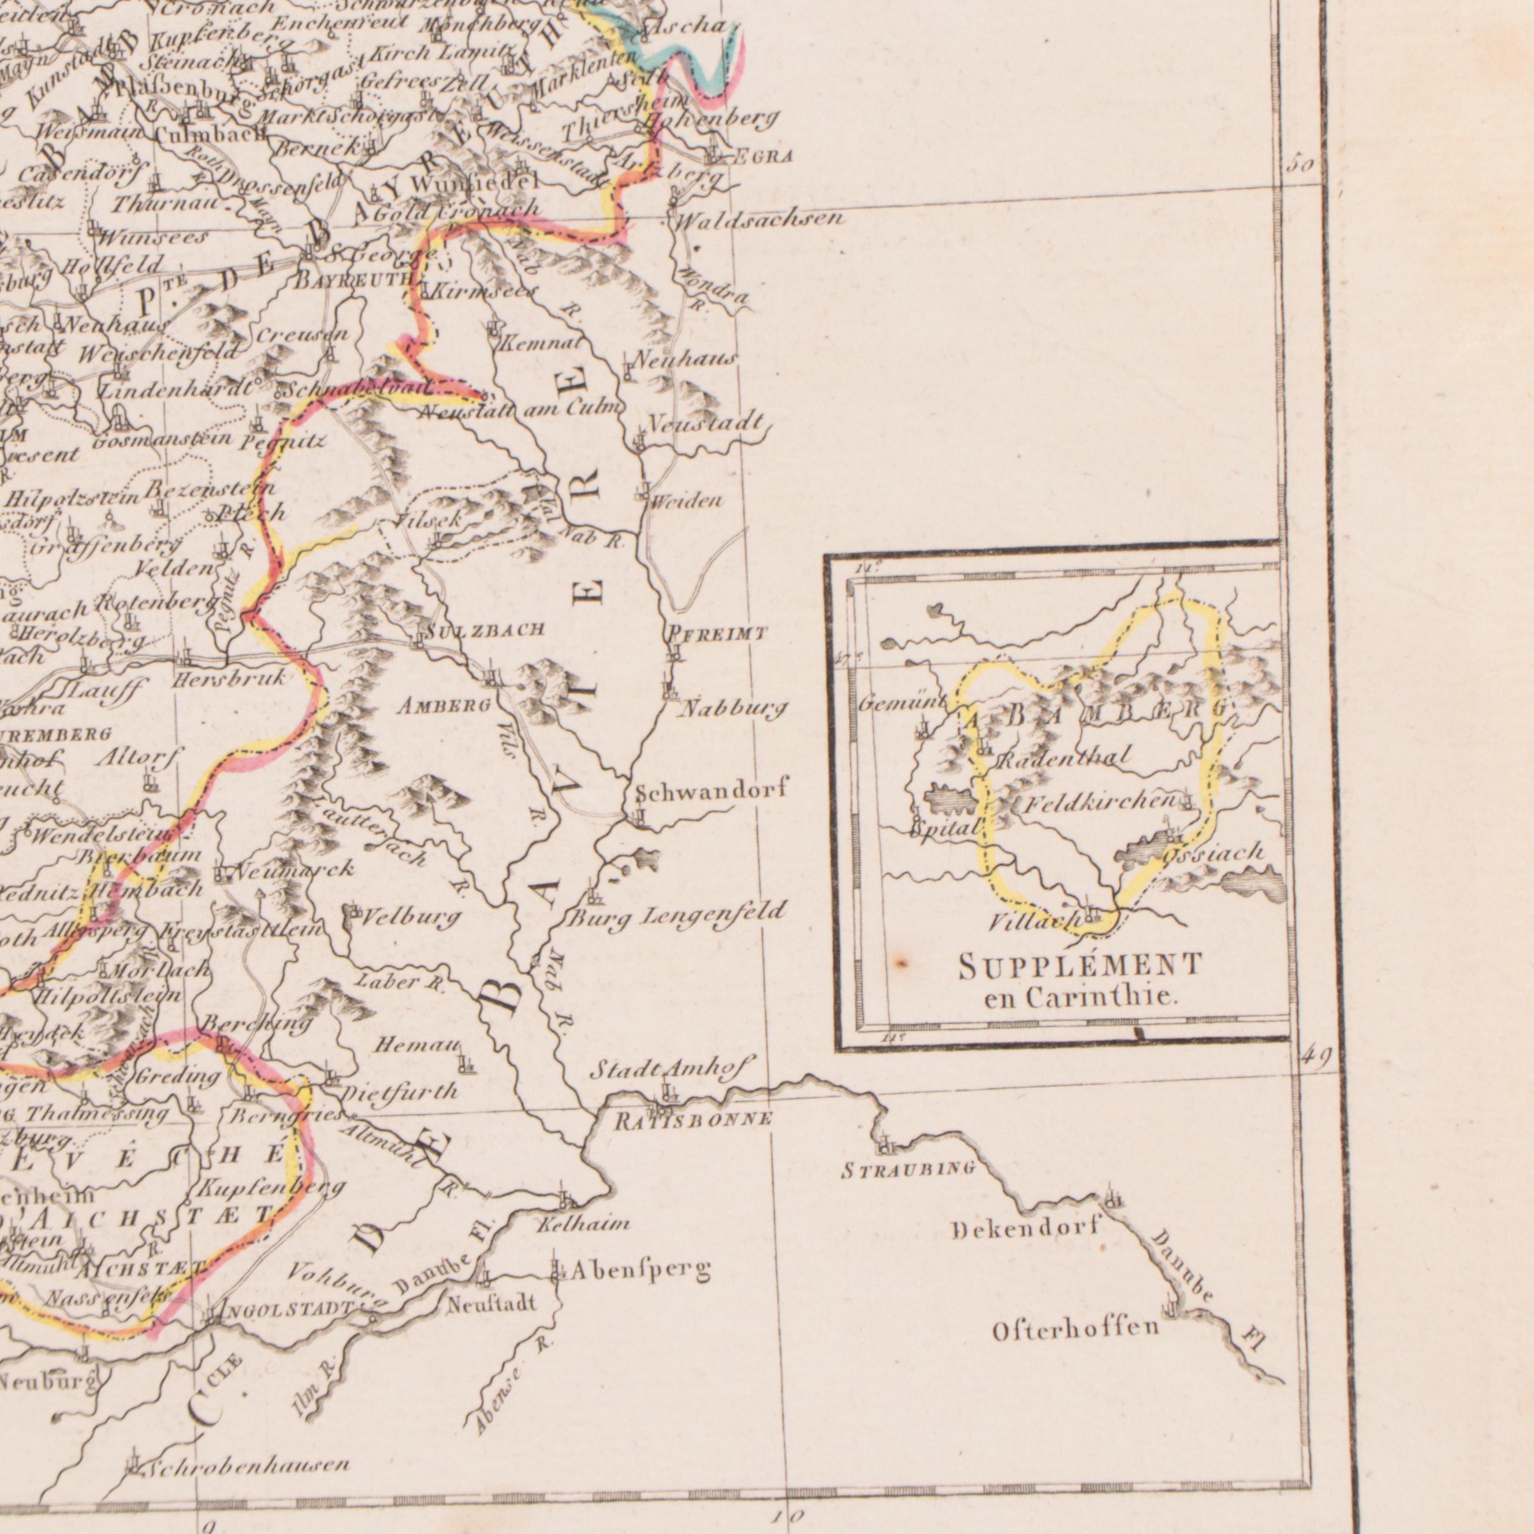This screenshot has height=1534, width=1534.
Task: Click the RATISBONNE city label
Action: (x=693, y=1120)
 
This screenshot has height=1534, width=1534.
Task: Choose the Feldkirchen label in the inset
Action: (x=1099, y=803)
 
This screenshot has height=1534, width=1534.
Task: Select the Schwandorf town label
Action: (x=712, y=790)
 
